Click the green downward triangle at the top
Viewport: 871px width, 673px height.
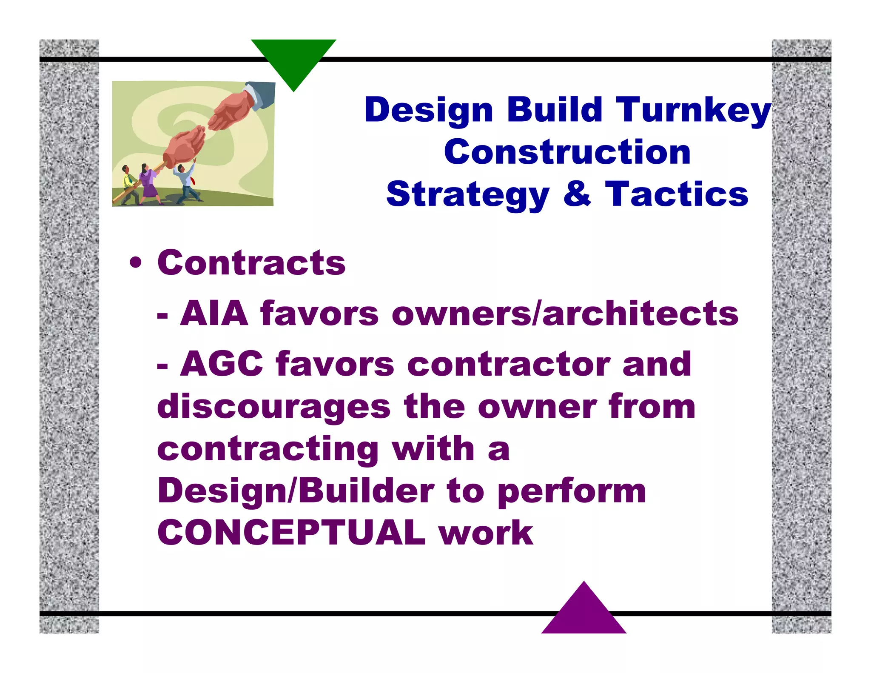(x=293, y=60)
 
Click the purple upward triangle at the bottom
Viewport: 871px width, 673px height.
(x=584, y=613)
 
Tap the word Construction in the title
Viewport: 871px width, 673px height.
(x=567, y=152)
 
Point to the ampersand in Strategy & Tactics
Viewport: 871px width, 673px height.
(x=577, y=194)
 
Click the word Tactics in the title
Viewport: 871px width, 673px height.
(x=676, y=194)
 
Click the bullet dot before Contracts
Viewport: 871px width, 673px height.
(x=136, y=263)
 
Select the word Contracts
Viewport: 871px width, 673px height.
(x=251, y=263)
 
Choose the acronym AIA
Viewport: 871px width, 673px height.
(x=214, y=314)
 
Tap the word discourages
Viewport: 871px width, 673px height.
(x=273, y=408)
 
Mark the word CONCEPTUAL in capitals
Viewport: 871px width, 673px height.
(x=292, y=533)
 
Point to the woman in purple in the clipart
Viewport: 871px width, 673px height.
(x=149, y=183)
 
